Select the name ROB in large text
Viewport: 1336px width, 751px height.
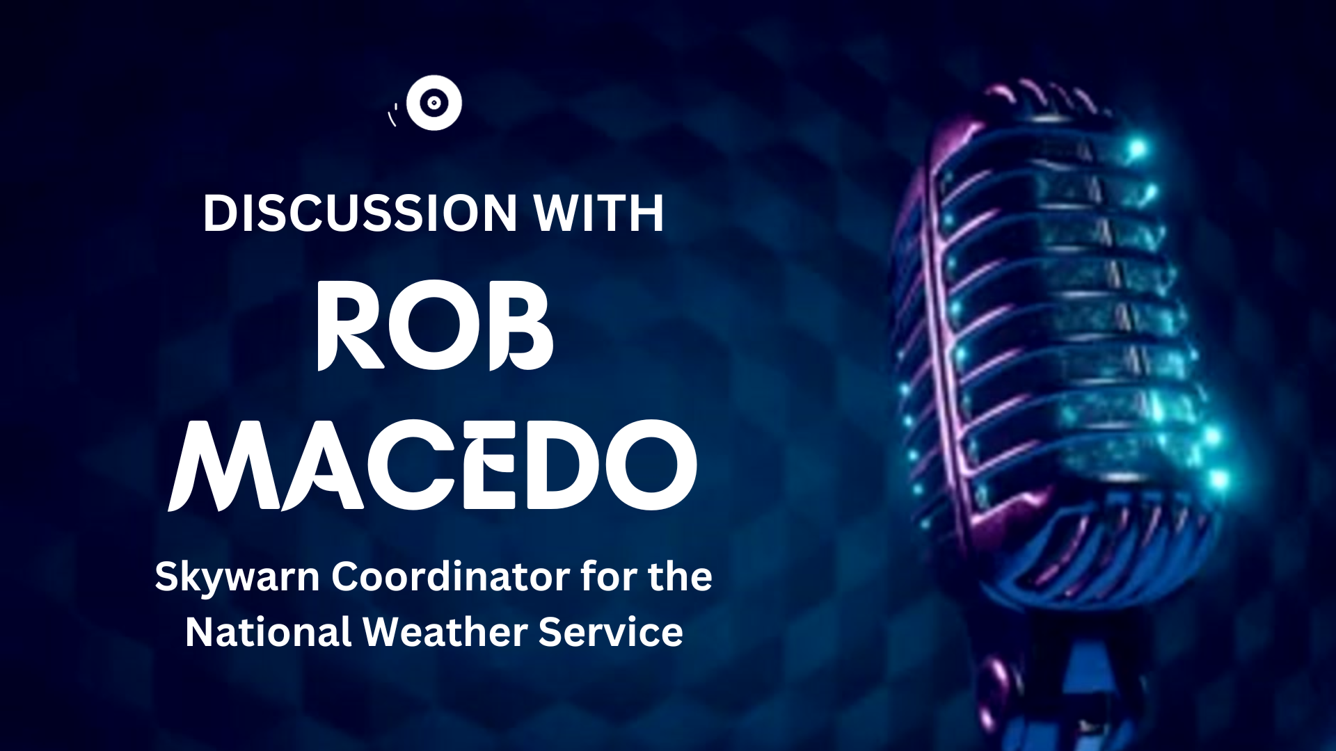click(x=436, y=325)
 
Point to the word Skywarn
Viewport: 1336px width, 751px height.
click(x=237, y=578)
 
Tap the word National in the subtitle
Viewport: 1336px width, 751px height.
click(x=268, y=632)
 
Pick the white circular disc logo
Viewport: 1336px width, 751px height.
click(x=434, y=103)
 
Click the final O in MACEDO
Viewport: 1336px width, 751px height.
click(x=651, y=465)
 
